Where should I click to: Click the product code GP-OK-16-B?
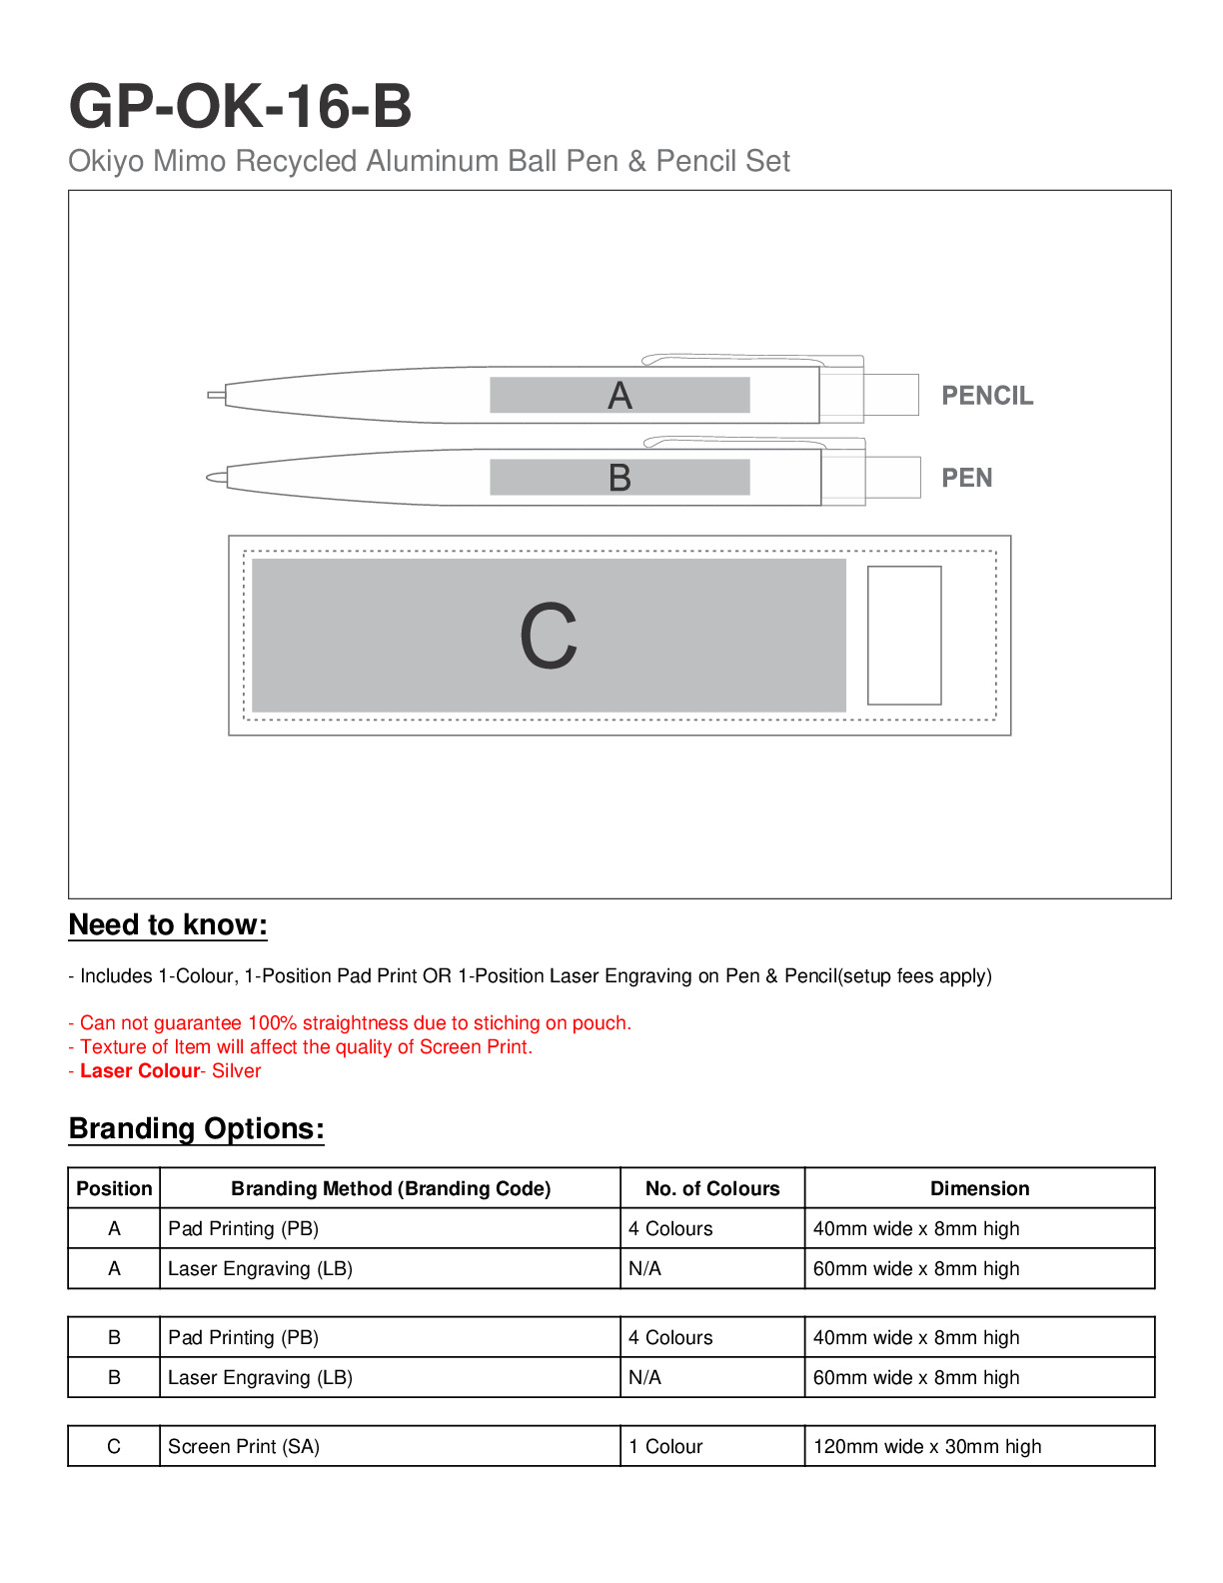pos(240,106)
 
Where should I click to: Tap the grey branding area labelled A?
pos(619,395)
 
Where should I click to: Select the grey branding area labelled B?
pos(619,477)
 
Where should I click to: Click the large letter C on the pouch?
pos(549,636)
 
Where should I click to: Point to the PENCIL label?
pos(987,396)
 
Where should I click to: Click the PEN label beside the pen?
pos(966,478)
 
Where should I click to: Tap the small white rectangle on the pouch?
pos(904,636)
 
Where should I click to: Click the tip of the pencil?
pos(214,395)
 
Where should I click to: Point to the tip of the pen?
pos(212,478)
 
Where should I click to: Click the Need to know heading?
pos(168,924)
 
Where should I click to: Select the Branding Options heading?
pos(197,1128)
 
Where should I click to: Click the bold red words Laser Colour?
pos(140,1070)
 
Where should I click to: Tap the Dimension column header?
pos(979,1188)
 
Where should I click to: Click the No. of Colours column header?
pos(712,1188)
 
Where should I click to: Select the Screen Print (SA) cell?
pos(244,1446)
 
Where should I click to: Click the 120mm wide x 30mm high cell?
pos(927,1446)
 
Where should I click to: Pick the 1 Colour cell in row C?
pos(665,1446)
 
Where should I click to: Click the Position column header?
pos(114,1188)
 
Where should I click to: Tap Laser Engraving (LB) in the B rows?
pos(260,1377)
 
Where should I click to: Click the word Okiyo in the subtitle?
pos(106,161)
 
